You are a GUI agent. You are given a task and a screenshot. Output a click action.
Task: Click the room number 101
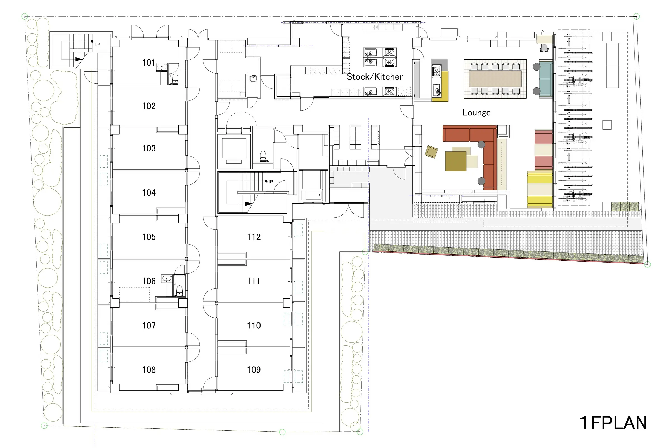[149, 62]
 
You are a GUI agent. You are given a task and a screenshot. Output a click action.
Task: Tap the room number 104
[149, 193]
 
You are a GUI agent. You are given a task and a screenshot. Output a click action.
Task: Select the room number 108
[149, 370]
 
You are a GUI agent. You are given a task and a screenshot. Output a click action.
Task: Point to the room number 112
[254, 237]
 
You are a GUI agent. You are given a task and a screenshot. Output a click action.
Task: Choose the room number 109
[254, 370]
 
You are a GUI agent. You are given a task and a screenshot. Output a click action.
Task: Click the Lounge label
[476, 113]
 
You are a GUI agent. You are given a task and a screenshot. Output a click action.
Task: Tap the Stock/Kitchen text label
[375, 76]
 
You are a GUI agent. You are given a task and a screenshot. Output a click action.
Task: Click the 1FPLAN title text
[613, 423]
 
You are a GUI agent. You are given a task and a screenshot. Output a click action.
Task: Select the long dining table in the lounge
[495, 79]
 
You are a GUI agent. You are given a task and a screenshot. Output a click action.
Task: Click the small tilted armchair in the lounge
[431, 152]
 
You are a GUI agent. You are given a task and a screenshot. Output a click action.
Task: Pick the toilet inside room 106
[179, 291]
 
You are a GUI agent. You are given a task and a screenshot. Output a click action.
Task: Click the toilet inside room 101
[175, 79]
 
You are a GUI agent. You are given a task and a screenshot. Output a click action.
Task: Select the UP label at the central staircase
[271, 182]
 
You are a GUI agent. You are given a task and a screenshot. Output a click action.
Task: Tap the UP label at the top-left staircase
[98, 45]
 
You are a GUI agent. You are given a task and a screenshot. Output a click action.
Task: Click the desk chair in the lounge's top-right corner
[544, 48]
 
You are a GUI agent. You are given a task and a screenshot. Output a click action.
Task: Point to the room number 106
[149, 281]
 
